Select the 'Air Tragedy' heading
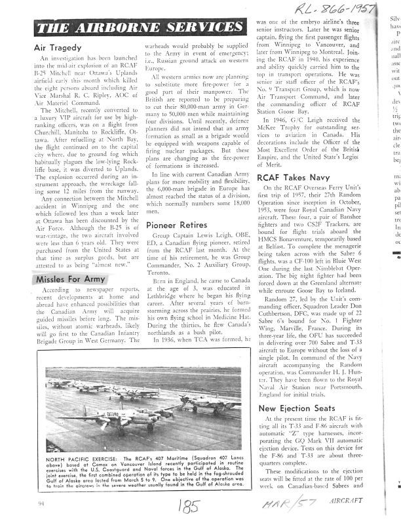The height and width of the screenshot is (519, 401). point(58,48)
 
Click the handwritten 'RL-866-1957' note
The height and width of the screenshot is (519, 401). point(339,10)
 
